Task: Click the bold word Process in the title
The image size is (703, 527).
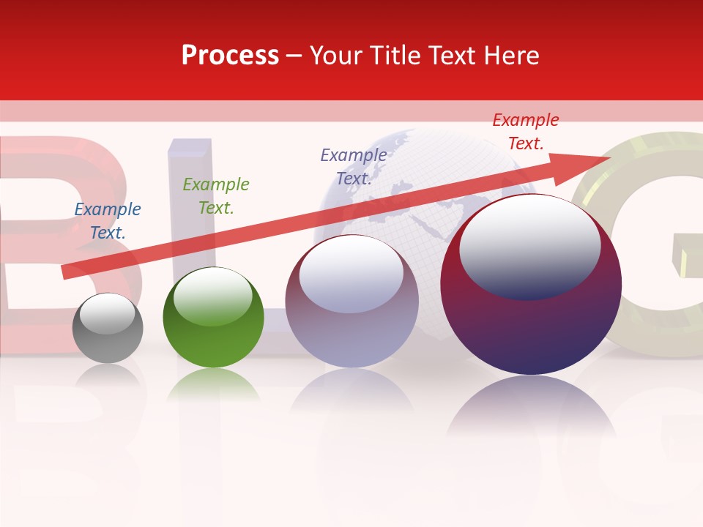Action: pyautogui.click(x=230, y=56)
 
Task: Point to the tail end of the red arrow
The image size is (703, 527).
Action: pyautogui.click(x=66, y=272)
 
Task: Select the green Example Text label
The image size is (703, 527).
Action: pyautogui.click(x=216, y=196)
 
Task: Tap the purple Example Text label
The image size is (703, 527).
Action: pyautogui.click(x=354, y=167)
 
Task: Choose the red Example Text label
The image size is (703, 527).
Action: pyautogui.click(x=526, y=132)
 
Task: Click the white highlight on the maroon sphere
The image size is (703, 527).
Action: pyautogui.click(x=529, y=245)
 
